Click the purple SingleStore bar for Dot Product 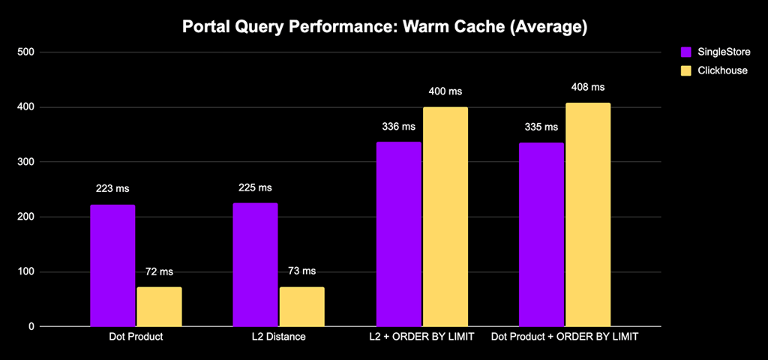(x=112, y=265)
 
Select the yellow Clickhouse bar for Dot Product (x=159, y=307)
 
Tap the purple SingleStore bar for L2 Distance (x=255, y=265)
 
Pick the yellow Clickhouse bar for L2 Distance (x=301, y=307)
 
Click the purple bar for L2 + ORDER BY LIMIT (x=398, y=234)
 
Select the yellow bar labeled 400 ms (x=445, y=217)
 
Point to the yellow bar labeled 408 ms (x=587, y=214)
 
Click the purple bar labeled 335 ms (x=541, y=235)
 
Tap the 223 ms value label (x=112, y=188)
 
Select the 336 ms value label (x=398, y=127)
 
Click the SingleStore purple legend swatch (x=685, y=52)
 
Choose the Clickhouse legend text (x=723, y=71)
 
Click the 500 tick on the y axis (x=27, y=52)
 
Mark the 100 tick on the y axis (x=27, y=272)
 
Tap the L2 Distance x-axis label (x=278, y=337)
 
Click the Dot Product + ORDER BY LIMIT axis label (x=565, y=337)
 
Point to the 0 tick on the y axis (x=31, y=327)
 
